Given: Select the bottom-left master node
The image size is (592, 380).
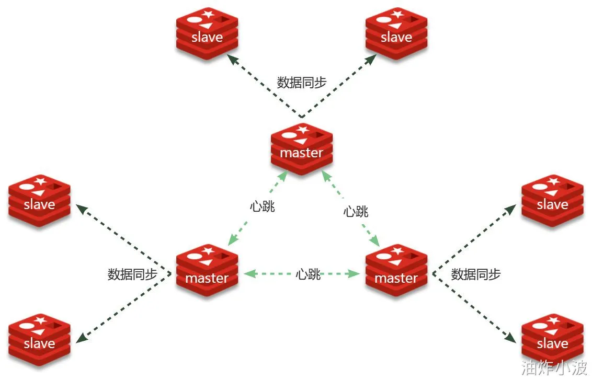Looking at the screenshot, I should click(207, 270).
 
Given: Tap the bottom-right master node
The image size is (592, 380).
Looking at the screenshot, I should click(396, 270).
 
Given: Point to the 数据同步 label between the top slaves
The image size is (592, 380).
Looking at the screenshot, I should click(302, 82).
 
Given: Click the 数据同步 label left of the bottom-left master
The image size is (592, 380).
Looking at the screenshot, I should click(133, 274).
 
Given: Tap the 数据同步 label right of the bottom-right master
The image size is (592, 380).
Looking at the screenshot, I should click(476, 274).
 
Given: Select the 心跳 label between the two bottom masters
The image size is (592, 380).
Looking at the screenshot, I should click(308, 274).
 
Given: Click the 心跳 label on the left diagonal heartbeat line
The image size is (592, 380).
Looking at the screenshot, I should click(263, 206).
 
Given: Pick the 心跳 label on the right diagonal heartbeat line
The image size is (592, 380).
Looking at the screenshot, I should click(356, 212).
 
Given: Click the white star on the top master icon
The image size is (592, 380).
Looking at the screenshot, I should click(302, 129).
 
